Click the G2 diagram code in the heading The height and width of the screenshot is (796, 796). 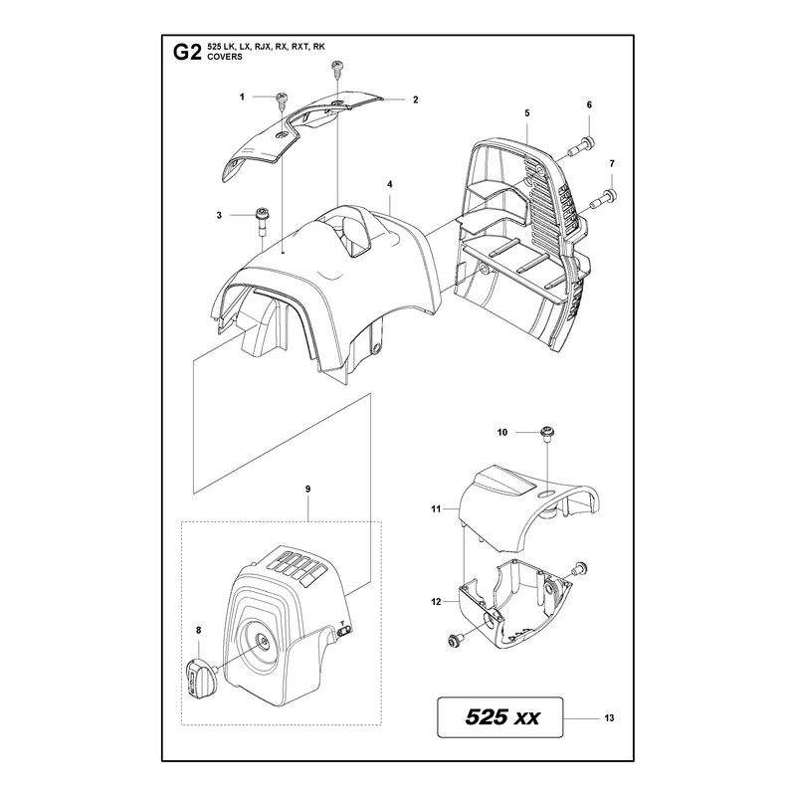(x=187, y=53)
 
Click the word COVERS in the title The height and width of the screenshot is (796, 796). (x=225, y=57)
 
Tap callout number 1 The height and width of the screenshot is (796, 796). (x=242, y=97)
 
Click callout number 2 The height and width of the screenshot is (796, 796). (x=415, y=100)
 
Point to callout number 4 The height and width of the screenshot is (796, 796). (x=390, y=185)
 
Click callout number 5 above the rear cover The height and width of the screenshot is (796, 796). (x=527, y=112)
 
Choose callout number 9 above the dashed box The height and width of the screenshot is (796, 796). (x=308, y=490)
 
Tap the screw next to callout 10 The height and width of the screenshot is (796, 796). (x=547, y=436)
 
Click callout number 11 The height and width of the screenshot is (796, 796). (x=436, y=508)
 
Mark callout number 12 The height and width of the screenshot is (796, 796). (x=436, y=602)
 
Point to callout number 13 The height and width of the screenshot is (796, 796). (x=609, y=717)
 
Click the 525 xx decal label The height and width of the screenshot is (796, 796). (x=500, y=717)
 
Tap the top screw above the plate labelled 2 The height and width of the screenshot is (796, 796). (x=336, y=70)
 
